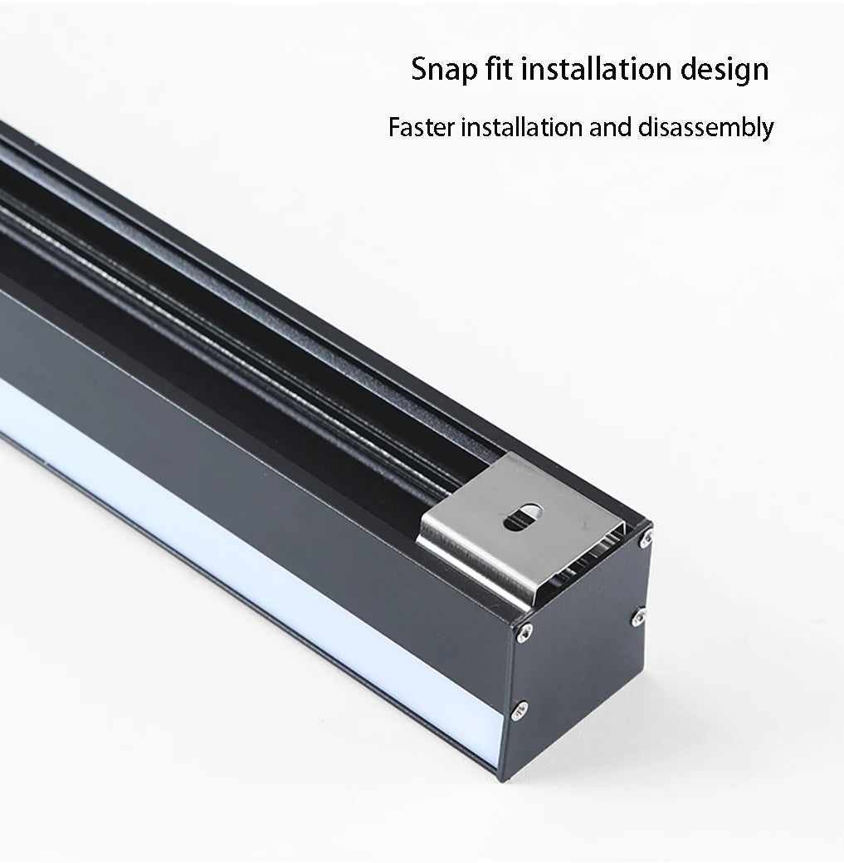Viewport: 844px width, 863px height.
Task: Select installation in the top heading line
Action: pos(597,68)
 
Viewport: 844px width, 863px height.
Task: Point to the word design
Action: pos(724,71)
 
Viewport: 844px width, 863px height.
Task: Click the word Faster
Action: pos(422,128)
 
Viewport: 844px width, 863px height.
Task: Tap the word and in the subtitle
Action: pos(610,127)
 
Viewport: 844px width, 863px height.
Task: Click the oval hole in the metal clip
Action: pos(523,517)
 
